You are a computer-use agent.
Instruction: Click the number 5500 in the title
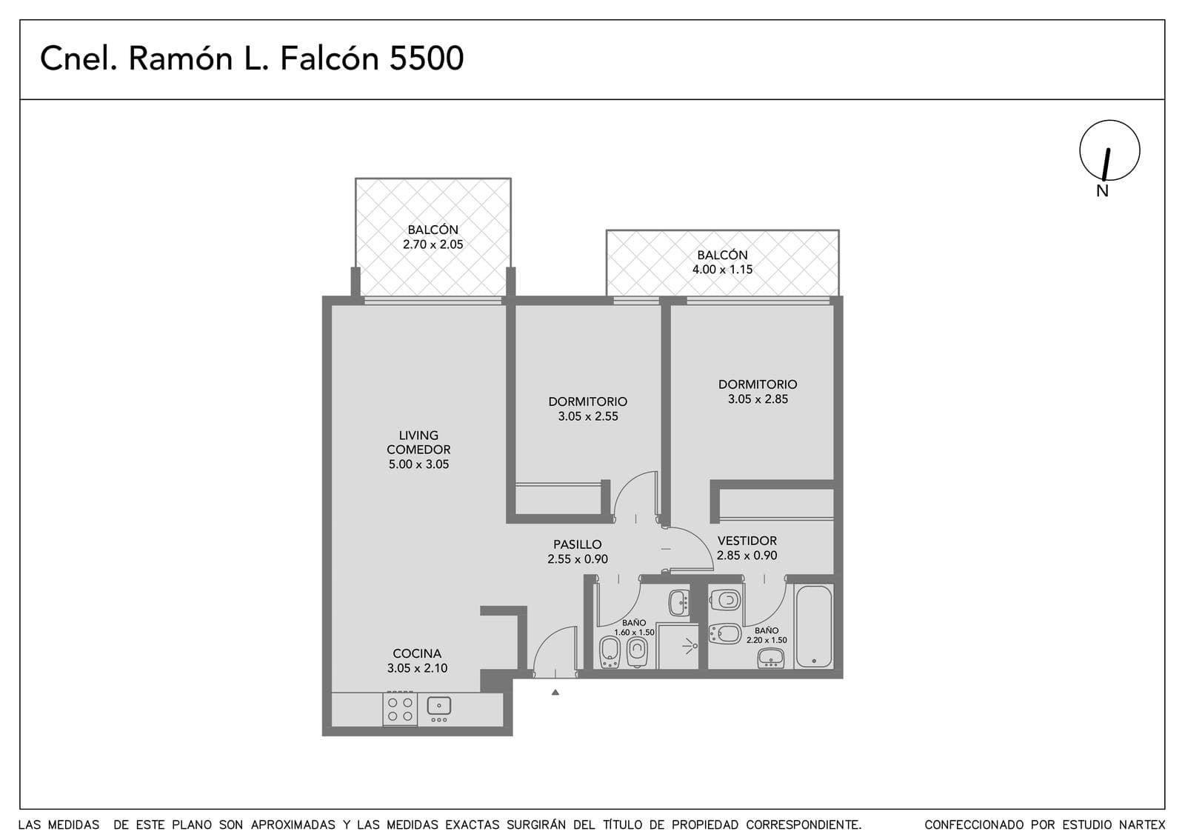(x=427, y=59)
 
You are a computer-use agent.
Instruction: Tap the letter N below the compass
(x=1102, y=191)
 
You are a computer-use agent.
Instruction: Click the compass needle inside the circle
(x=1106, y=164)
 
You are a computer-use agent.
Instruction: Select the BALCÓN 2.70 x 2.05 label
(x=433, y=237)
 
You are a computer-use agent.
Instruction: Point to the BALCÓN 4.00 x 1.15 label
(x=722, y=262)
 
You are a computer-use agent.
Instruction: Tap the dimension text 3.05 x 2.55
(x=588, y=416)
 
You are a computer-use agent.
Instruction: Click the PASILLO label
(x=578, y=544)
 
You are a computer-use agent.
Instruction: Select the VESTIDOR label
(x=747, y=541)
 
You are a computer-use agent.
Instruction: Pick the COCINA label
(x=417, y=653)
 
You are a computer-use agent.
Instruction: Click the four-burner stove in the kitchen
(x=400, y=709)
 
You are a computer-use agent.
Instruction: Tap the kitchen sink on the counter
(x=438, y=708)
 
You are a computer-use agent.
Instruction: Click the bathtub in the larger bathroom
(x=814, y=627)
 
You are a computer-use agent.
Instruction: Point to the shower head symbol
(x=690, y=646)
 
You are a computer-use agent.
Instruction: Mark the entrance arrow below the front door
(x=555, y=692)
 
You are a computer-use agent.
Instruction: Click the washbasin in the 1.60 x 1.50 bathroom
(x=678, y=603)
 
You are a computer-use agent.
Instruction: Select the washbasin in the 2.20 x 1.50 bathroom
(x=771, y=658)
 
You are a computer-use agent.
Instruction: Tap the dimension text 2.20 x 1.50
(x=767, y=640)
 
